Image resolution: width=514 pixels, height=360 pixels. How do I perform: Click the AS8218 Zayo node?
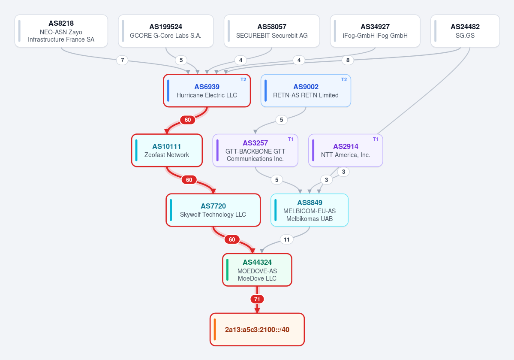[61, 31]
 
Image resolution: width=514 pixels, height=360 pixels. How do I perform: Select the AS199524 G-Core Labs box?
[166, 31]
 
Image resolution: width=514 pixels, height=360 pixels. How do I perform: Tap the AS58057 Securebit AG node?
[272, 31]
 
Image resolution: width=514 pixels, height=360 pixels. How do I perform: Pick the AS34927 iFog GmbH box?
[375, 31]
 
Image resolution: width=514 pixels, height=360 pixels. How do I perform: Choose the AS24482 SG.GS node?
[465, 31]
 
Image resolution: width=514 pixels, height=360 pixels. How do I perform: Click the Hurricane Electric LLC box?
[207, 91]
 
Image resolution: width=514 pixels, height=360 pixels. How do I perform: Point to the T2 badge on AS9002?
[344, 79]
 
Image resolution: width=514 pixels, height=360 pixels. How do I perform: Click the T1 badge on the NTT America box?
[376, 139]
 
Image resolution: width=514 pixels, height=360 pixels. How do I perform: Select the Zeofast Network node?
[167, 150]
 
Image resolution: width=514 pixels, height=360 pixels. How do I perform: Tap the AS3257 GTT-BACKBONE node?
[255, 150]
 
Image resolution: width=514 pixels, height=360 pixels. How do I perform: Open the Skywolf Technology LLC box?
[213, 210]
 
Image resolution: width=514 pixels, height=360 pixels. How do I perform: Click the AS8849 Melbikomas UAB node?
[310, 210]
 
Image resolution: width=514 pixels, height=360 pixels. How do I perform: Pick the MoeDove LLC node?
[257, 270]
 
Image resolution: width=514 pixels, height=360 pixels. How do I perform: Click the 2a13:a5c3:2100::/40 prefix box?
[257, 330]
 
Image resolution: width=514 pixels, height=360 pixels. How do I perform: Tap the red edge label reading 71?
[257, 299]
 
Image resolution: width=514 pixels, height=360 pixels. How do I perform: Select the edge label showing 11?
[286, 239]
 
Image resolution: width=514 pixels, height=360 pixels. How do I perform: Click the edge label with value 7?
[122, 60]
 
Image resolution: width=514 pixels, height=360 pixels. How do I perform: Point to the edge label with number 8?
[348, 60]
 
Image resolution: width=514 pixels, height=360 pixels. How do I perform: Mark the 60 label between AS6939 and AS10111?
[187, 120]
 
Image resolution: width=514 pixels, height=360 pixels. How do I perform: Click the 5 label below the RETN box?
[281, 120]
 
